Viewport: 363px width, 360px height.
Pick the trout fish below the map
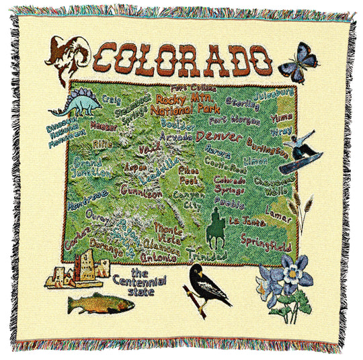100,302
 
